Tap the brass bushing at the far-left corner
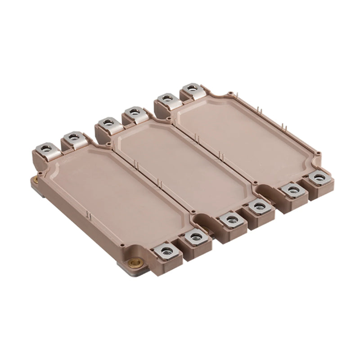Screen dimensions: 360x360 pyautogui.click(x=36, y=180)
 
